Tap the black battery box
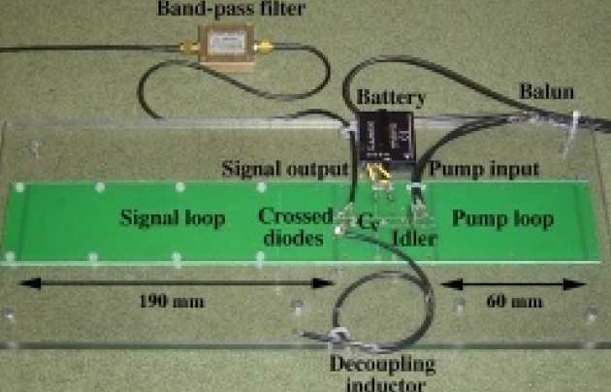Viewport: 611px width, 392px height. [x=386, y=137]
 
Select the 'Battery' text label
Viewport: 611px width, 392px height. [x=387, y=98]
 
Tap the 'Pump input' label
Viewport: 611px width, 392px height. [x=484, y=169]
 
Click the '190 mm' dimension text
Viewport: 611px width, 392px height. [x=172, y=300]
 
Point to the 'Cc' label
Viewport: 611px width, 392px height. [x=366, y=222]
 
